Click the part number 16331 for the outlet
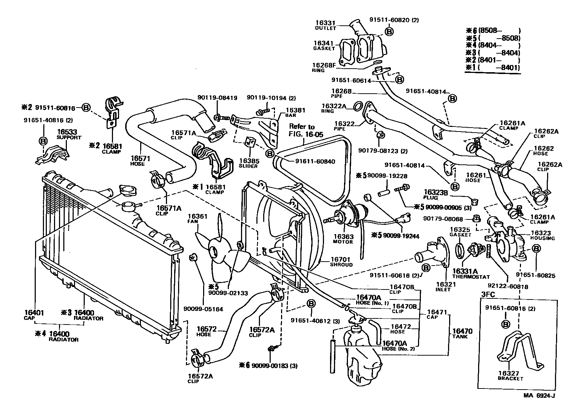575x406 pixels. (x=325, y=23)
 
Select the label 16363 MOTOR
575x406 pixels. (x=343, y=239)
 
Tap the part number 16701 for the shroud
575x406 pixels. (x=340, y=259)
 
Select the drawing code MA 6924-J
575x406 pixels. (x=539, y=396)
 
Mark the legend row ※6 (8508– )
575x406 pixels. (x=493, y=30)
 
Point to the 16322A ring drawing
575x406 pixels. (x=359, y=106)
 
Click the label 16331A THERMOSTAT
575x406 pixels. (x=471, y=274)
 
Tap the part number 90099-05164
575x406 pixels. (x=203, y=309)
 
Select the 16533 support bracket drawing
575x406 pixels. (x=53, y=155)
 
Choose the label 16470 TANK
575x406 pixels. (x=462, y=334)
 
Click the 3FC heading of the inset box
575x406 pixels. (x=488, y=294)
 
